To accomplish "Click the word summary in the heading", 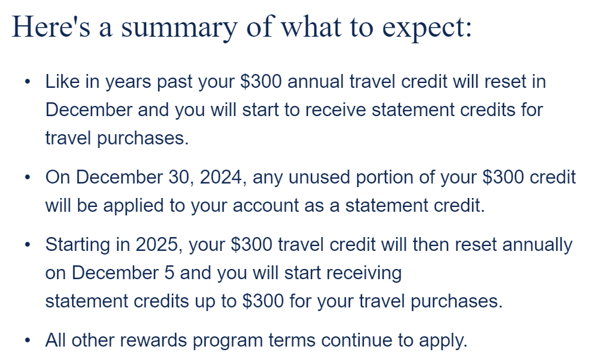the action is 179,28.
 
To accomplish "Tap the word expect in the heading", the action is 423,28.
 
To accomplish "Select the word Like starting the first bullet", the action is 62,81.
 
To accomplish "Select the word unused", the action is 319,177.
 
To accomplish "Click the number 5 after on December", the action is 170,273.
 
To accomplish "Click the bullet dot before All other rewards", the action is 27,340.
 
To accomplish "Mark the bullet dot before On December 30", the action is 27,177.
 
